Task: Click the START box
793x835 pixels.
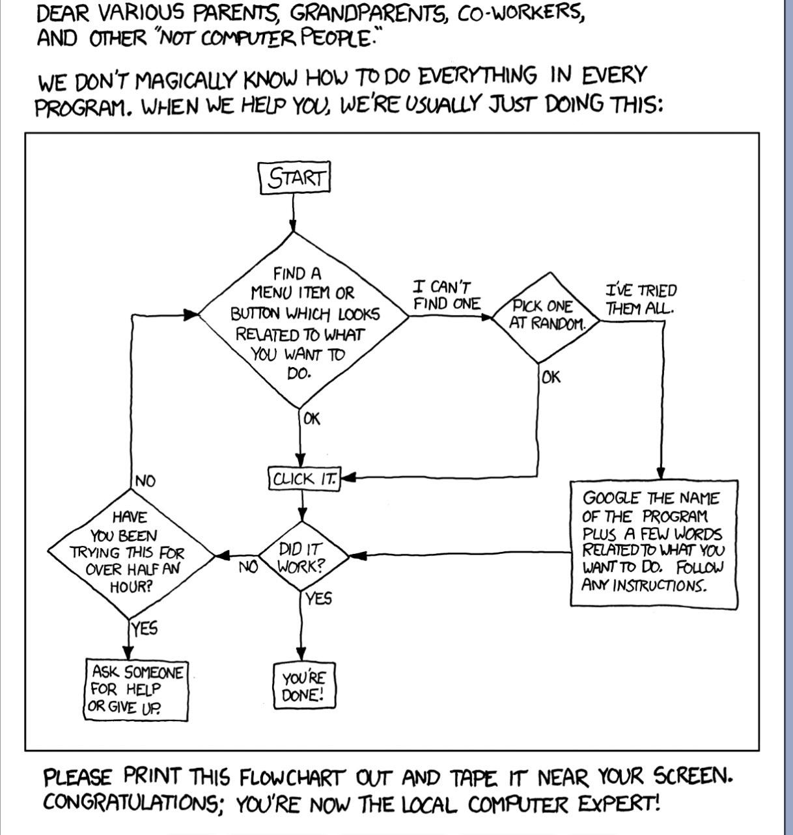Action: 296,178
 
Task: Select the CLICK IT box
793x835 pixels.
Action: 303,479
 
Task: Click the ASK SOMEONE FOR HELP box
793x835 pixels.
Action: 137,689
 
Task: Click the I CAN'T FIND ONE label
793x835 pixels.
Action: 446,295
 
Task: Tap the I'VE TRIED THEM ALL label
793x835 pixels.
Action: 641,299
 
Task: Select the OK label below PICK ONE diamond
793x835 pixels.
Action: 551,377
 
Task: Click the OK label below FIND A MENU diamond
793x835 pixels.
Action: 312,418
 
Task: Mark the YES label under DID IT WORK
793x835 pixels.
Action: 318,598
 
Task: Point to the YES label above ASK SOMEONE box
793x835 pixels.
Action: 144,629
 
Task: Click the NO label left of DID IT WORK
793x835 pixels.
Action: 248,567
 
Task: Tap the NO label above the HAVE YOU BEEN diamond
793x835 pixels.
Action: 145,482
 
